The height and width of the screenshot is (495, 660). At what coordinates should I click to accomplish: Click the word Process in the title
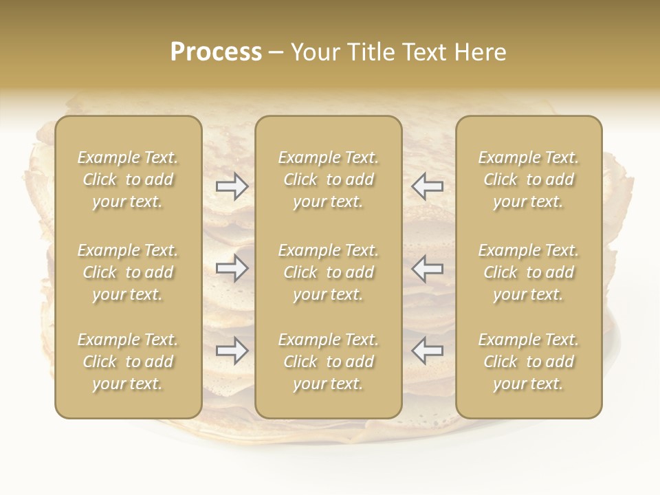[216, 52]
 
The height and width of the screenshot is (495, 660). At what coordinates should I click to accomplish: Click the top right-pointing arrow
[232, 186]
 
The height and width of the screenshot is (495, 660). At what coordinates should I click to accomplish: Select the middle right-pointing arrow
[232, 268]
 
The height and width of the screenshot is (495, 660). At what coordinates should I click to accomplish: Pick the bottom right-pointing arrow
[232, 351]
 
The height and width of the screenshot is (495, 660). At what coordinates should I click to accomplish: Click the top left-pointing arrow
[427, 186]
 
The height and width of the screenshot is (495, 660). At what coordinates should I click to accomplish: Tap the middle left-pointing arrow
[427, 268]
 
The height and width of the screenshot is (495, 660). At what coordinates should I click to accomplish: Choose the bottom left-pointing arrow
[427, 351]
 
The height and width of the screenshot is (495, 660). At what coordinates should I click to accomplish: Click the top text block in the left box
[128, 179]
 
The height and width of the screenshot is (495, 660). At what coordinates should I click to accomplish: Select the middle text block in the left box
[128, 272]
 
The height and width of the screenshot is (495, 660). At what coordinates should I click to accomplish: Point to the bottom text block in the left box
[128, 362]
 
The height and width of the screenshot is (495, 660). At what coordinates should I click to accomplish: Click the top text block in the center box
[328, 179]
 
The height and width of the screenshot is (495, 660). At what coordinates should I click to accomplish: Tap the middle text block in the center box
[328, 272]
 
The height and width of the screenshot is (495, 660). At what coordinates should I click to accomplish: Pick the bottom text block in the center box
[328, 362]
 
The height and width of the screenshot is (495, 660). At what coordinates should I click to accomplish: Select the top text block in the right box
[528, 179]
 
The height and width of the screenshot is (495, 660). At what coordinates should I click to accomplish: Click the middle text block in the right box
[528, 272]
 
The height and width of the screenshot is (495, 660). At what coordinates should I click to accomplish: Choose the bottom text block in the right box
[528, 362]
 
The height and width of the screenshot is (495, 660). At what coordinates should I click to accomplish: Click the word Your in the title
[313, 52]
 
